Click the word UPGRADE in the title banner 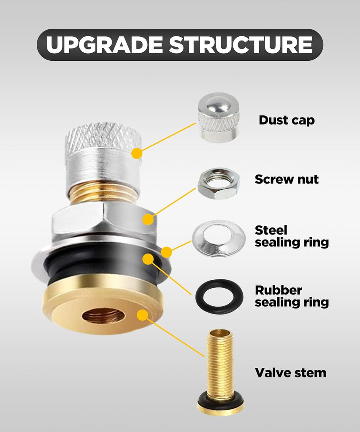(104, 45)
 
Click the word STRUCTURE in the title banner (241, 45)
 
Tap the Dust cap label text (287, 120)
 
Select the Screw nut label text (287, 179)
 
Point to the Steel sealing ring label (292, 236)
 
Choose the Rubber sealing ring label (292, 296)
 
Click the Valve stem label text (290, 373)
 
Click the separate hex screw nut (219, 183)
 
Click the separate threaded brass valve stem (220, 372)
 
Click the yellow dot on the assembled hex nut (148, 219)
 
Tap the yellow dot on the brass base (143, 315)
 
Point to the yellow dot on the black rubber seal (148, 259)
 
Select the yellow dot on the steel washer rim (166, 252)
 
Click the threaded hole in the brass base (103, 316)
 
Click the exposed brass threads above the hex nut (103, 194)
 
